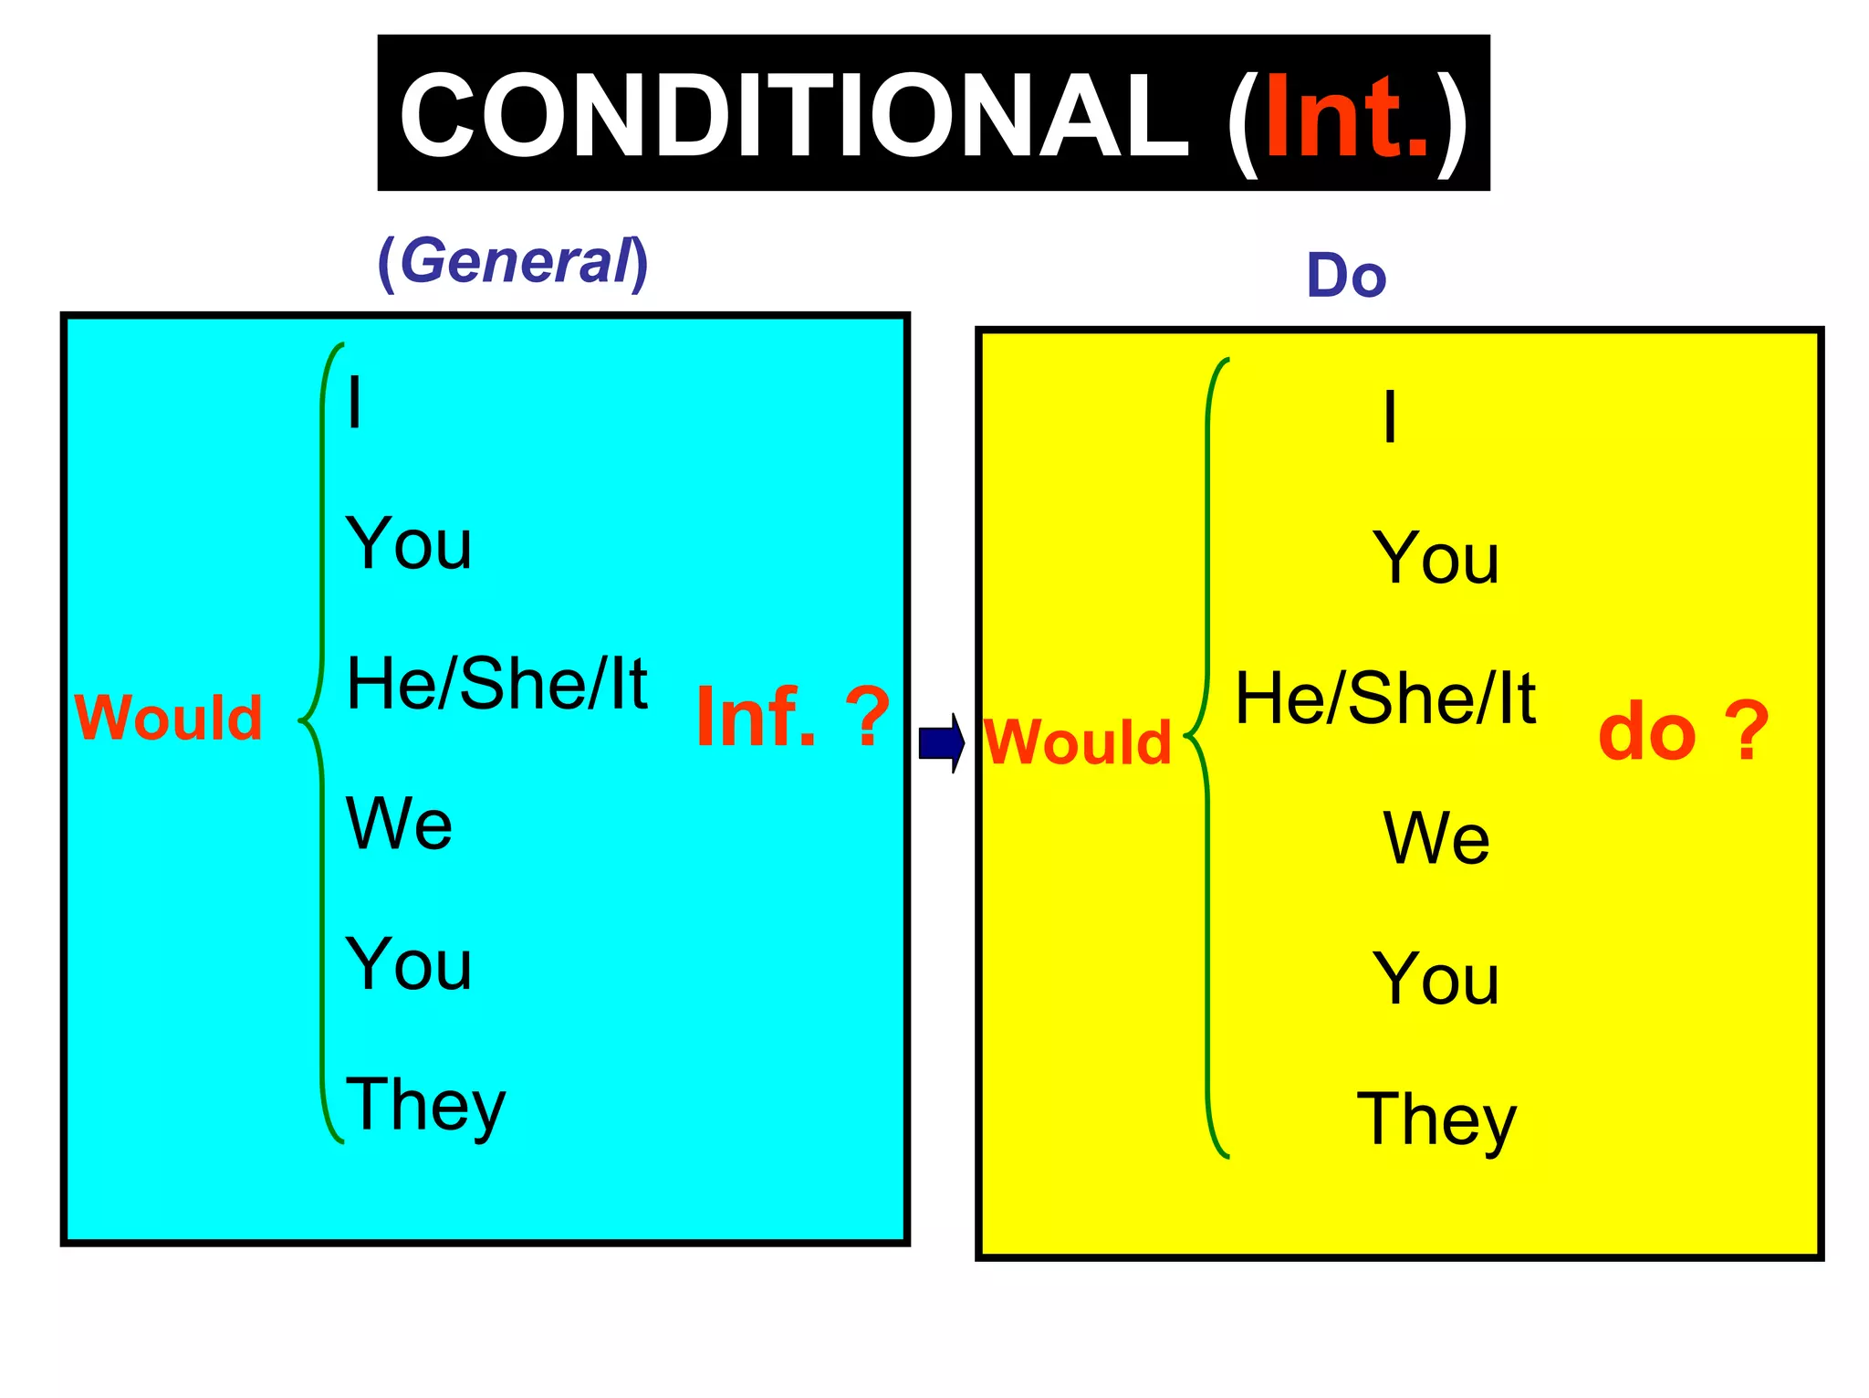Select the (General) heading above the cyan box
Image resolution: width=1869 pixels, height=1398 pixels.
(513, 261)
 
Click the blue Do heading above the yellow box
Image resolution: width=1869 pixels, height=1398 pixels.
(1346, 276)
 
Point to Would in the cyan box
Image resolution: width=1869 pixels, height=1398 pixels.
(169, 718)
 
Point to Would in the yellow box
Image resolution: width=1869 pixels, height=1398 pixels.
(1078, 741)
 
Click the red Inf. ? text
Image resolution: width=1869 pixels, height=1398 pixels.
(792, 718)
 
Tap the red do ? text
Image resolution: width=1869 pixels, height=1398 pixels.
(1684, 732)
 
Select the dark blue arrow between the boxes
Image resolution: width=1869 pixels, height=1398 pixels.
(942, 742)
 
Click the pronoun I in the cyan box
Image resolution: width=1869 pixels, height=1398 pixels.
(355, 404)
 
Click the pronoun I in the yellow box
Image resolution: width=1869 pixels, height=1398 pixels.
(1390, 417)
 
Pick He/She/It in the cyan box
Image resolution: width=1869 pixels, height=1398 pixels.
(497, 684)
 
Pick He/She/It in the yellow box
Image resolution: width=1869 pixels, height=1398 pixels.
(1385, 699)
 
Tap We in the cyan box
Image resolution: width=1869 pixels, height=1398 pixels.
(399, 824)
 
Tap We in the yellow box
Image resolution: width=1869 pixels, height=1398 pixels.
(1436, 838)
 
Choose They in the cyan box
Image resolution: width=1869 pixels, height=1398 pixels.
(425, 1106)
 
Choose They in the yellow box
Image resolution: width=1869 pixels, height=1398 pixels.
(1436, 1120)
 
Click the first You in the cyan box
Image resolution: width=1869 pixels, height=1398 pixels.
(409, 544)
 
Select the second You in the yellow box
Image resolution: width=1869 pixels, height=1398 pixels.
(1436, 979)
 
